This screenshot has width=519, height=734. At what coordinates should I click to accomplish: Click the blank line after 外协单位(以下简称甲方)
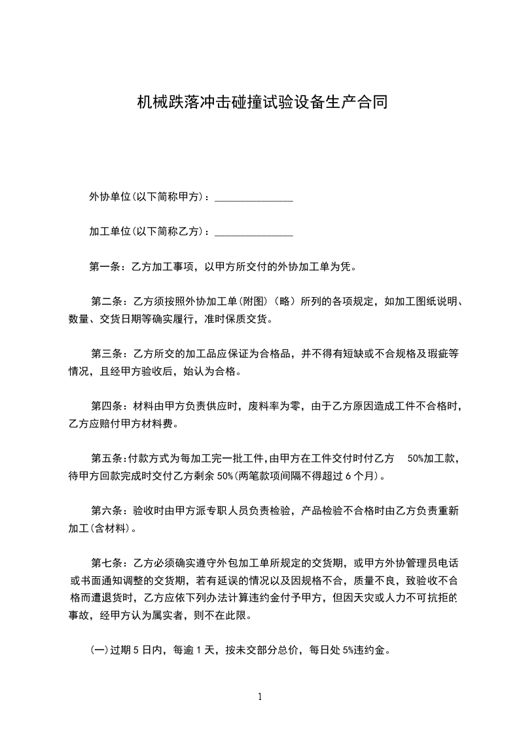253,197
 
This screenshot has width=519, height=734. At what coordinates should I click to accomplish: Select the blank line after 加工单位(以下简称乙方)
253,232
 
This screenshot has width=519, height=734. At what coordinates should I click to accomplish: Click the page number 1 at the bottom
260,697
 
